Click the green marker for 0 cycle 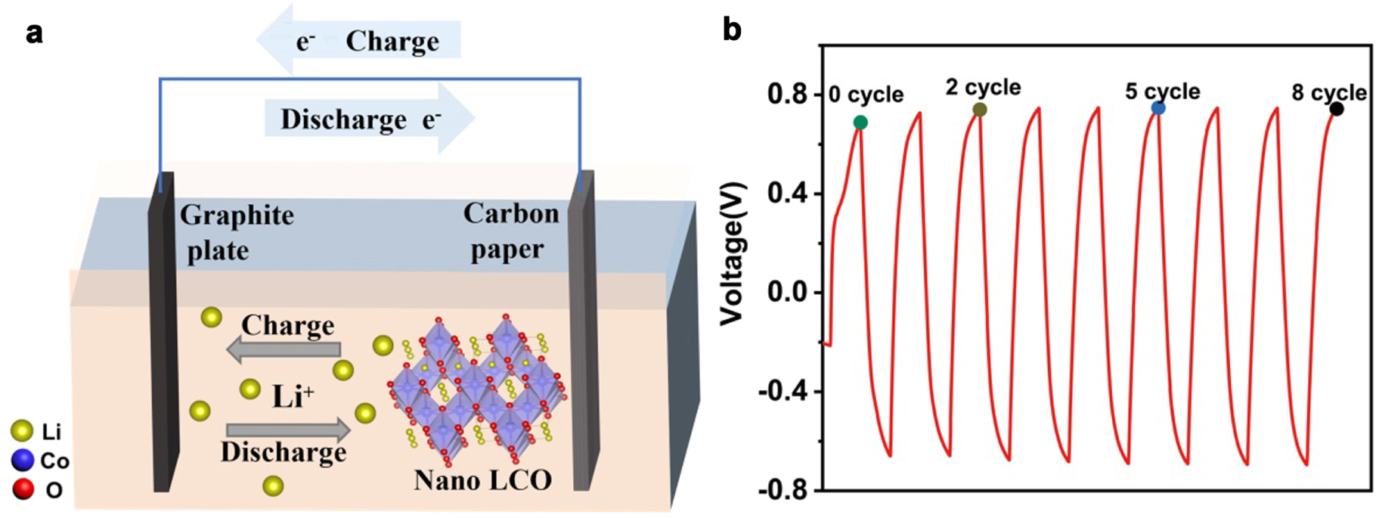pos(860,123)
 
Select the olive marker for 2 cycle pos(980,110)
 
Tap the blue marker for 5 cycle pos(1158,108)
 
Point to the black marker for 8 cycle pos(1337,109)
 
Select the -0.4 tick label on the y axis pos(782,392)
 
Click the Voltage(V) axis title pos(732,254)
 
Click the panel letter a pos(33,33)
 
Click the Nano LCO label pos(482,479)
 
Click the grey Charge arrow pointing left pos(284,350)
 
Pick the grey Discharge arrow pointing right pos(287,430)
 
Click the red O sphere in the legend pos(23,489)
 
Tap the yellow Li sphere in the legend pos(23,432)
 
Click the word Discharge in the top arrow pos(343,119)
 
